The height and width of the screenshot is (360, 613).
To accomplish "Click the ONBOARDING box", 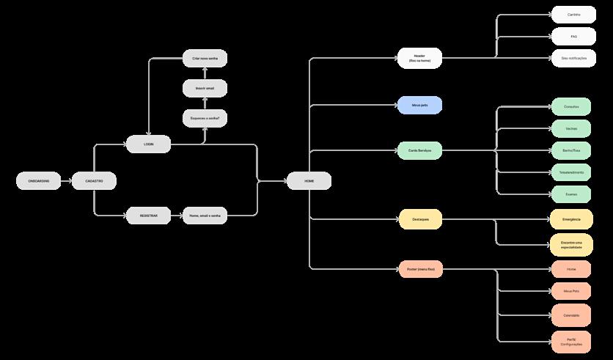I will [x=39, y=180].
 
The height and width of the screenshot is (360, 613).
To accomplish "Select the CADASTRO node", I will [x=94, y=180].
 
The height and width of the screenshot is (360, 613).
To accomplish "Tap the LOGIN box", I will [x=148, y=144].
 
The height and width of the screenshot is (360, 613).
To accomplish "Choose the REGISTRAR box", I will [x=148, y=216].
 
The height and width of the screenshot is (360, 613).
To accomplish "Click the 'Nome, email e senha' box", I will [x=205, y=216].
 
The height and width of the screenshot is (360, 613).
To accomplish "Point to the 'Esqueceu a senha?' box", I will [x=205, y=117].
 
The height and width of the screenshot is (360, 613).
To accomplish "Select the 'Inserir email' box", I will [x=205, y=89].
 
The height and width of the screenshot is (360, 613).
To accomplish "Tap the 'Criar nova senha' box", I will [x=205, y=57].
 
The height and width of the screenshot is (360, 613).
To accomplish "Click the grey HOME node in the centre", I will [x=309, y=180].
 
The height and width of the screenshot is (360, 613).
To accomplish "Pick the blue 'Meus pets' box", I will [x=420, y=106].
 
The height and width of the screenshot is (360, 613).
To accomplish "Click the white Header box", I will [x=420, y=58].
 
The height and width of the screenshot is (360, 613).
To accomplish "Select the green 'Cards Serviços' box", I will [x=420, y=150].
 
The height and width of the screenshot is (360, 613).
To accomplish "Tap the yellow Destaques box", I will [x=420, y=218].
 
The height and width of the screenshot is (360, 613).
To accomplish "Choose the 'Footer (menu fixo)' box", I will [x=420, y=269].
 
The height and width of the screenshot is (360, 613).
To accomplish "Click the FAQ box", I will [x=573, y=36].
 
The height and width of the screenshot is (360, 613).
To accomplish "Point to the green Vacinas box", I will [x=571, y=128].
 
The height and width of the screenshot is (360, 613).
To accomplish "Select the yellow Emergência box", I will [x=571, y=219].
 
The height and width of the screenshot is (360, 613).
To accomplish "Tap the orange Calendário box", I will [x=571, y=315].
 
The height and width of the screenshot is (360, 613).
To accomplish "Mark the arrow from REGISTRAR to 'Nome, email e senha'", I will [x=176, y=216].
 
